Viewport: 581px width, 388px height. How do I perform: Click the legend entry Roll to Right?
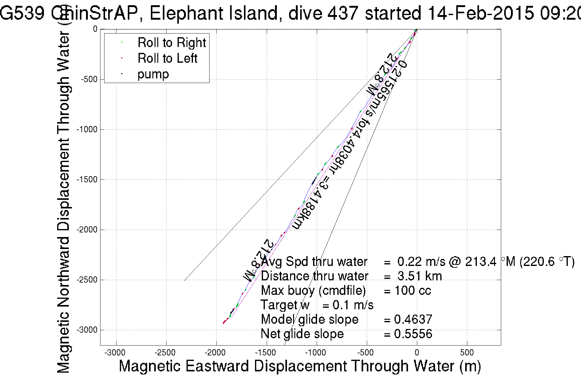click(x=171, y=43)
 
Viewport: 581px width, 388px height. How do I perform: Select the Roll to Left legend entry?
click(x=167, y=58)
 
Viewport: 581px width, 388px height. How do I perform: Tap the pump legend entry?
click(x=153, y=74)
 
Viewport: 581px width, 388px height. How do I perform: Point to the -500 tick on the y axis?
click(x=89, y=79)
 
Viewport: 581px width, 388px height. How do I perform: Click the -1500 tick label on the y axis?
click(x=87, y=180)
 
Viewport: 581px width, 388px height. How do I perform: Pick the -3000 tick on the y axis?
click(x=87, y=330)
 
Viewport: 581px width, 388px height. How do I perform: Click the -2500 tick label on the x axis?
click(x=166, y=353)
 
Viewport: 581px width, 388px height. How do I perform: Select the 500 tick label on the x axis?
click(x=467, y=353)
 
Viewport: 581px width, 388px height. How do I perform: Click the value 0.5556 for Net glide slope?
click(x=413, y=334)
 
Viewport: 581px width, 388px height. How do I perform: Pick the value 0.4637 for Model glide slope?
click(x=413, y=319)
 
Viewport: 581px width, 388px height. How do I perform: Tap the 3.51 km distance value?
click(x=419, y=276)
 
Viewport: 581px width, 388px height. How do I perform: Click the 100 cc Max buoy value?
click(x=413, y=291)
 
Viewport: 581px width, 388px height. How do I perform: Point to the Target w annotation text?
click(x=285, y=305)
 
